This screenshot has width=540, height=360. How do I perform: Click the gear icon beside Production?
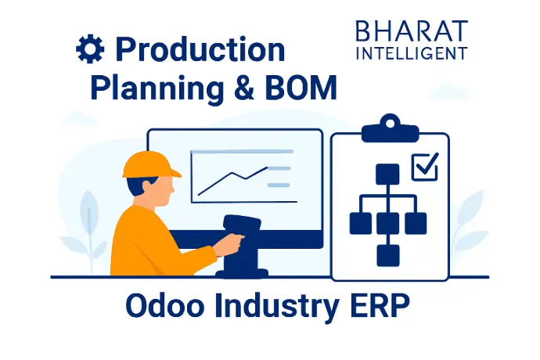click(x=90, y=49)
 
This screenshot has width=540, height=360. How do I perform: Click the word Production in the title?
click(x=200, y=49)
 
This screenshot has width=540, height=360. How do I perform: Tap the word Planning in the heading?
click(x=157, y=88)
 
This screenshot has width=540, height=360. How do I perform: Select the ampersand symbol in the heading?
click(x=244, y=87)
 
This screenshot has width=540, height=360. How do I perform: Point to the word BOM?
click(x=301, y=87)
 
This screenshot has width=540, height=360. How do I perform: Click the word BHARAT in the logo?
click(x=412, y=31)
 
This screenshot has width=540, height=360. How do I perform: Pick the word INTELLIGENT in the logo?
click(x=412, y=53)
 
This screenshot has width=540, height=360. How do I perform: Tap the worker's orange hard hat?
click(x=151, y=165)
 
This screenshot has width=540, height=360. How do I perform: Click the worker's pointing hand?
click(x=229, y=244)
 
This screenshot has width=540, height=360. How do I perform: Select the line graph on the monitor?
click(x=232, y=182)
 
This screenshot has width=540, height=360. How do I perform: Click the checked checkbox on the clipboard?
click(x=425, y=167)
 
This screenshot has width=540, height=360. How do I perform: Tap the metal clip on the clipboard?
click(x=390, y=129)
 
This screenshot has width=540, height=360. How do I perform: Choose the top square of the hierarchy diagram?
click(x=387, y=175)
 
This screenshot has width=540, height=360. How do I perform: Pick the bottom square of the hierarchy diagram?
click(x=388, y=256)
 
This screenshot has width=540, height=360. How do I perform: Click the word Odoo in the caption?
click(x=165, y=305)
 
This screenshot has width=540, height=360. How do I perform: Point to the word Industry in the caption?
click(x=277, y=307)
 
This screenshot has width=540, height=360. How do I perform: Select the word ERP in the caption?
click(x=380, y=305)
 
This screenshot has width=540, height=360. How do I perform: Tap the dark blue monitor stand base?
click(x=242, y=273)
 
